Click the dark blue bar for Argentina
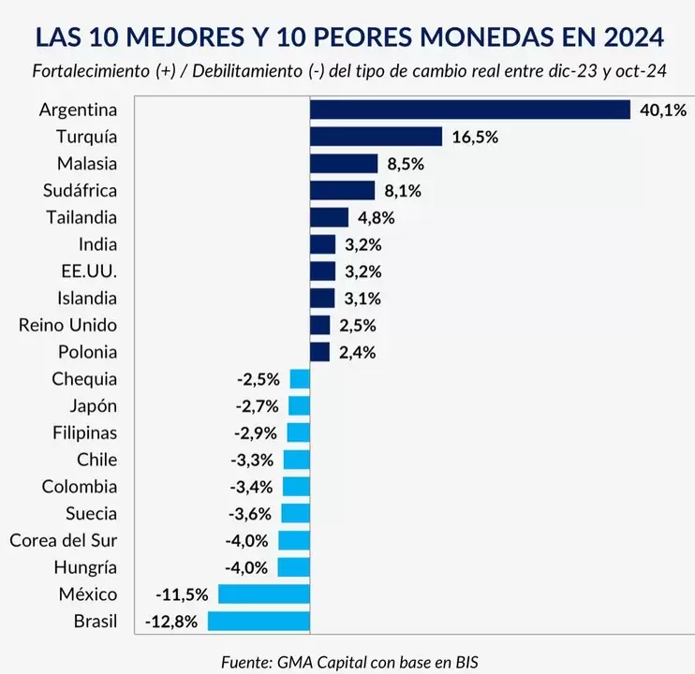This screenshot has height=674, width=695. click(x=469, y=110)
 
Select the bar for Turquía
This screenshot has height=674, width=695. click(x=376, y=137)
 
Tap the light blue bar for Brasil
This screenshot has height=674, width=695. click(x=259, y=622)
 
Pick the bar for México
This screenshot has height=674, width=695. click(x=263, y=594)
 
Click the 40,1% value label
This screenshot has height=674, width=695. click(x=662, y=110)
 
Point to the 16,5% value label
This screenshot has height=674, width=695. click(x=474, y=137)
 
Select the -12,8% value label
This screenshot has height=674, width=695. click(x=171, y=622)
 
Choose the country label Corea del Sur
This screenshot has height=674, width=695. click(x=63, y=540)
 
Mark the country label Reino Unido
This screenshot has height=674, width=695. click(x=67, y=325)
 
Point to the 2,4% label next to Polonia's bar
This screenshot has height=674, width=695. click(x=358, y=352)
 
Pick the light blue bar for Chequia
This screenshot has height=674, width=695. click(x=300, y=379)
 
